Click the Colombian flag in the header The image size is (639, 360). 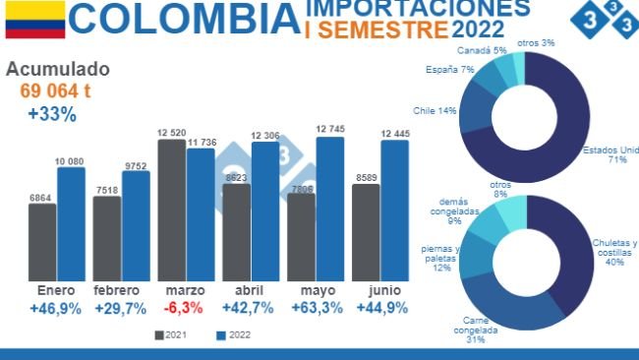pyautogui.click(x=34, y=20)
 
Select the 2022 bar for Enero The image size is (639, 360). pyautogui.click(x=71, y=224)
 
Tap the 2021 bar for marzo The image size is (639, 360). pyautogui.click(x=171, y=210)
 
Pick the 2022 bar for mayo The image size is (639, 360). pyautogui.click(x=330, y=209)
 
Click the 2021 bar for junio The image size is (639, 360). pyautogui.click(x=366, y=232)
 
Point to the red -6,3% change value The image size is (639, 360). pyautogui.click(x=184, y=308)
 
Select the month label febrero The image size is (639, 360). pyautogui.click(x=120, y=291)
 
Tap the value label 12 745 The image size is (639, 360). pyautogui.click(x=330, y=129)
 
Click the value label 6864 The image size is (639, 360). pyautogui.click(x=41, y=197)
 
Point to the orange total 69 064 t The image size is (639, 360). pyautogui.click(x=56, y=91)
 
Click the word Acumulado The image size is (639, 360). pyautogui.click(x=58, y=70)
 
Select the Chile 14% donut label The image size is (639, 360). pyautogui.click(x=435, y=110)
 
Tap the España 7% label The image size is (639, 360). pyautogui.click(x=450, y=70)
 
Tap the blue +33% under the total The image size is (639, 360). pyautogui.click(x=52, y=114)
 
